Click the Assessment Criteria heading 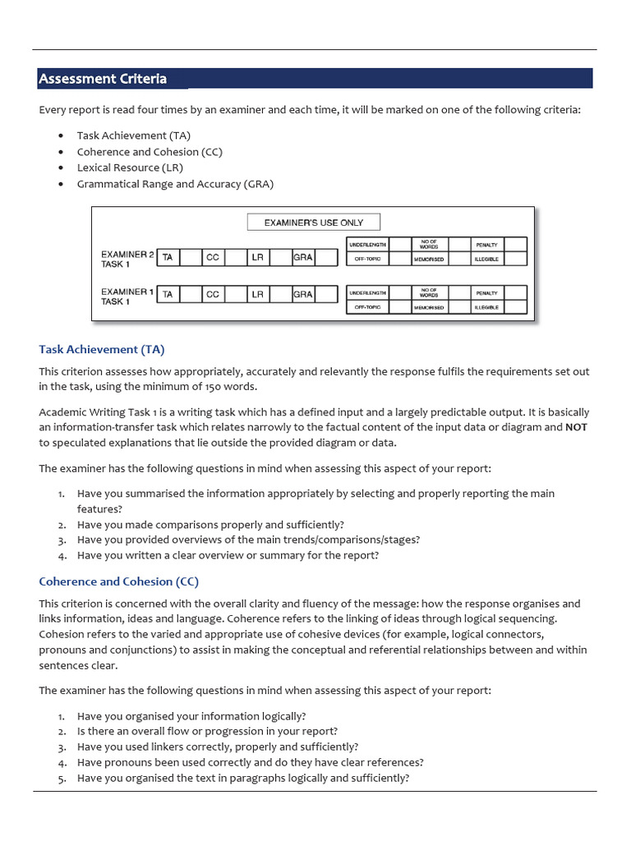coord(103,79)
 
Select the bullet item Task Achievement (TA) coord(134,136)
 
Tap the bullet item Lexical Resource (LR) coord(130,168)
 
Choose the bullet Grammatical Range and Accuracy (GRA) coord(175,184)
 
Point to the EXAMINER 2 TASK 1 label coord(127,259)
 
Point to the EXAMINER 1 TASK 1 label coord(127,296)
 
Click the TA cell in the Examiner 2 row coord(168,257)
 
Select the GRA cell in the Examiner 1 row coord(303,294)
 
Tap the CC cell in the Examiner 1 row coord(213,294)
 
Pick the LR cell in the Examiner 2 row coord(258,257)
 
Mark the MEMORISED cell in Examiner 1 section coord(429,307)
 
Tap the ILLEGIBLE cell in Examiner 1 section coord(486,307)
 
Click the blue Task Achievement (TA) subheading coord(102,349)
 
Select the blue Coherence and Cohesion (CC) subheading coord(119,581)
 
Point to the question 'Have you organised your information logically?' coord(191,715)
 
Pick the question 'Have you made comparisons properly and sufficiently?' coord(210,524)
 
